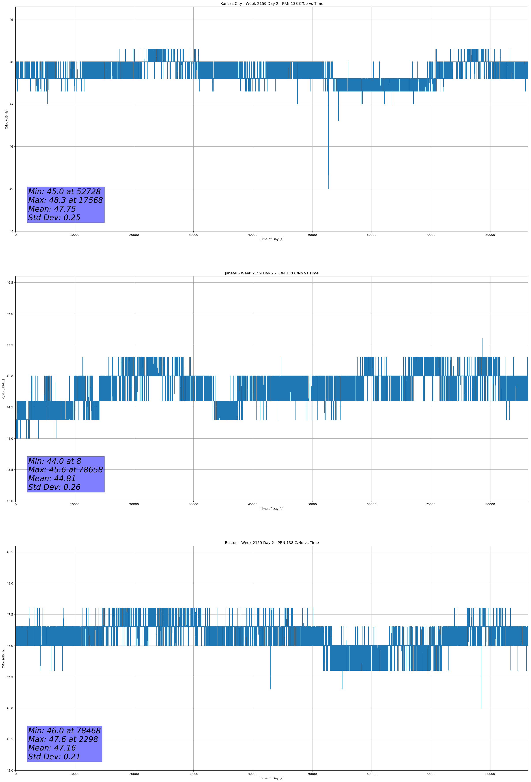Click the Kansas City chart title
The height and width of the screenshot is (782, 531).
tap(271, 4)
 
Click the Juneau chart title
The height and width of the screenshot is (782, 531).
tap(271, 273)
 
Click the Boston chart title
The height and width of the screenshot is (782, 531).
tap(271, 543)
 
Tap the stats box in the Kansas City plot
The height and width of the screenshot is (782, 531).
tap(66, 205)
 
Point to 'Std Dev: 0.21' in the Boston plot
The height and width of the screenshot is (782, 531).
tap(54, 757)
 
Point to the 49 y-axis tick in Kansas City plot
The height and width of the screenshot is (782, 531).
tap(11, 20)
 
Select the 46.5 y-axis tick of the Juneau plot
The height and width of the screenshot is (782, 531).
tap(10, 283)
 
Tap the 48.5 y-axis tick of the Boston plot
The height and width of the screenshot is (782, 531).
tap(10, 552)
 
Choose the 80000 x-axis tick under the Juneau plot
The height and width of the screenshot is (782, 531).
tap(490, 504)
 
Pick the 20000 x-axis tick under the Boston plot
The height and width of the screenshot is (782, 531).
tap(134, 774)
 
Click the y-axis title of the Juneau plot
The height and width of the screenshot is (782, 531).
tap(3, 389)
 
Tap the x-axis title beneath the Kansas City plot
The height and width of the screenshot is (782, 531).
tap(271, 239)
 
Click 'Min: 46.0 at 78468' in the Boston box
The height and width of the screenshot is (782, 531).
tap(64, 730)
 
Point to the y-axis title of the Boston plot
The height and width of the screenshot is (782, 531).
tap(3, 658)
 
